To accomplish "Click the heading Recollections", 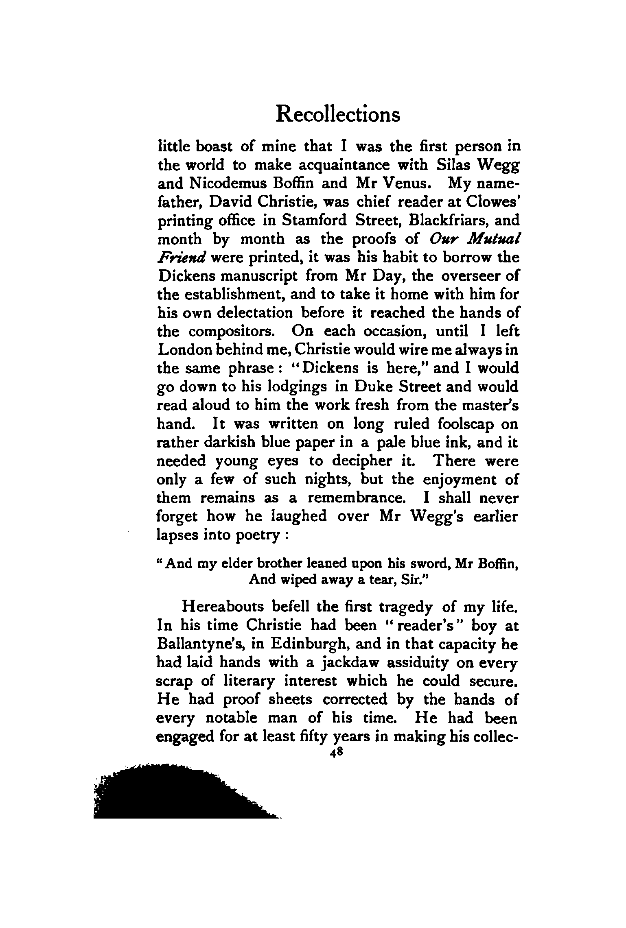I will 337,114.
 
